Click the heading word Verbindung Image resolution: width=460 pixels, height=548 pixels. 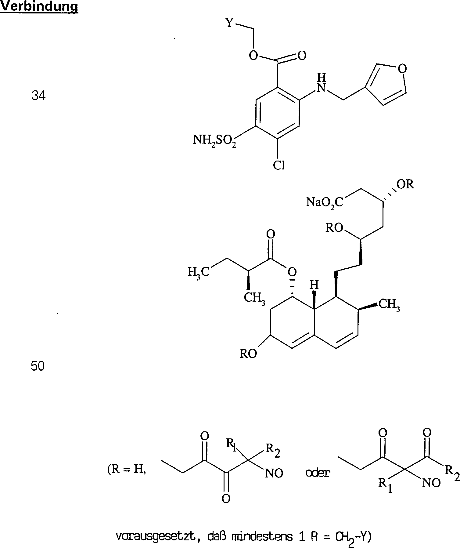39,7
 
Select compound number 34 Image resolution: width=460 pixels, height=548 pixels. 39,96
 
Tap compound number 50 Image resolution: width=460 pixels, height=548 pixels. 38,366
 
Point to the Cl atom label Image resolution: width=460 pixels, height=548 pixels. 279,165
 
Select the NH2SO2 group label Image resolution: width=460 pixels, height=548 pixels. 214,141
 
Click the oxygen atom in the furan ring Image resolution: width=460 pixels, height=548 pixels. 403,69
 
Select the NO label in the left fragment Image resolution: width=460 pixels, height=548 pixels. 274,474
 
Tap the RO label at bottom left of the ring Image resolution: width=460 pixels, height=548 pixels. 249,354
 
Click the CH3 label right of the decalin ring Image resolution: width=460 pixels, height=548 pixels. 389,305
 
